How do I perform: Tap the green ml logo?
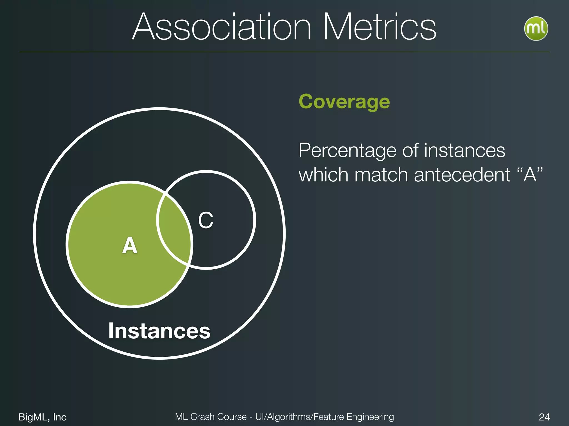(x=536, y=29)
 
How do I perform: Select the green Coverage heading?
(x=344, y=102)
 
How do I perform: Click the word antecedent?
(x=462, y=175)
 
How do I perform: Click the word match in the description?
(x=381, y=175)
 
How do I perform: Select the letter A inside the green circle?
(x=130, y=245)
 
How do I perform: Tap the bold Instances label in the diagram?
(x=159, y=331)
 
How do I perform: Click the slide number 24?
(x=544, y=417)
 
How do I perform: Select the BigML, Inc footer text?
(x=42, y=417)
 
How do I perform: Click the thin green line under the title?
(x=284, y=52)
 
